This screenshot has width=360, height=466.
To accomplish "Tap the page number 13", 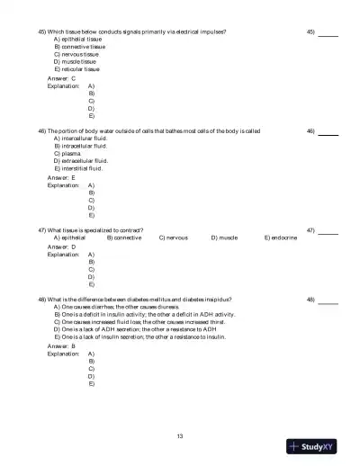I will [x=180, y=436].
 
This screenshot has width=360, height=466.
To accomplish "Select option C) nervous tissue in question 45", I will [x=78, y=54].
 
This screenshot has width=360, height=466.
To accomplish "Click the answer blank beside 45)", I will [x=328, y=33].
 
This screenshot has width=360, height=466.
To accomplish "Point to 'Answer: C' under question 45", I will [x=61, y=78].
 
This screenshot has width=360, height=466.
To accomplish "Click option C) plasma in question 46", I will [x=71, y=153].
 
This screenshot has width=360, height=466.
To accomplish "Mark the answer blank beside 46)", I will [x=328, y=132].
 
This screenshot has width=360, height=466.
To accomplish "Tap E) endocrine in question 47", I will [x=280, y=237].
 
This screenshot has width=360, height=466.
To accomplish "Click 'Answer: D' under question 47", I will [x=61, y=246].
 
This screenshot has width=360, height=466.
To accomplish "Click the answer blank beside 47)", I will [x=328, y=231].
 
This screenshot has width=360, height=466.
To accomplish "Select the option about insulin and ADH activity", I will [x=144, y=315].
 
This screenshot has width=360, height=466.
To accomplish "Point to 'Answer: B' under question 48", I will [x=61, y=345].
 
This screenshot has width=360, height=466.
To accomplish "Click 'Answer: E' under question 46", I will [x=61, y=177].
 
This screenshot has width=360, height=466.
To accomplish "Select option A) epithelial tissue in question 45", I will [x=78, y=40].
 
